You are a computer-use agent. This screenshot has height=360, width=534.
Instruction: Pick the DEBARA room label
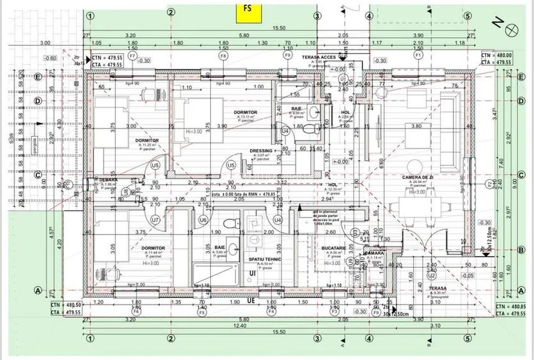[108, 180]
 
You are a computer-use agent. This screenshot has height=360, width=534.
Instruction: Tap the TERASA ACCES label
[319, 57]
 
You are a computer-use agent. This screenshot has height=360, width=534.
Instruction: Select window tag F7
[132, 56]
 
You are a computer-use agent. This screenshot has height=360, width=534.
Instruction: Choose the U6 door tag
[203, 220]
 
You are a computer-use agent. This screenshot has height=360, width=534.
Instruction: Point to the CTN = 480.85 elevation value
[510, 306]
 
